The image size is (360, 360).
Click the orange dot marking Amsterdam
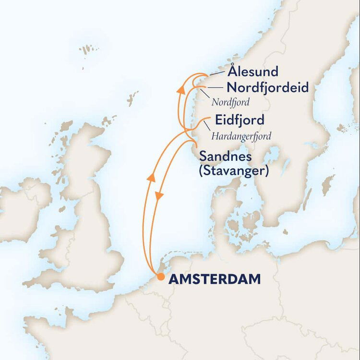pyautogui.click(x=160, y=277)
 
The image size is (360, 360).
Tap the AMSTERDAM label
pyautogui.click(x=214, y=278)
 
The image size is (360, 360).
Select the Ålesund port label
pyautogui.click(x=253, y=72)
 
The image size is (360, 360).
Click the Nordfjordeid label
pyautogui.click(x=267, y=88)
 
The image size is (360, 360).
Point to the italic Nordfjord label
pyautogui.click(x=231, y=102)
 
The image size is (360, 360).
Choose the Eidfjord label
pyautogui.click(x=240, y=120)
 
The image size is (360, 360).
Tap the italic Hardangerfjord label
pyautogui.click(x=241, y=136)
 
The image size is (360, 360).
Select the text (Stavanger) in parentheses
pyautogui.click(x=233, y=171)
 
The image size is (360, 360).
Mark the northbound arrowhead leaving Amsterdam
pyautogui.click(x=152, y=177)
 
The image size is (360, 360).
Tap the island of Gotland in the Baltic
pyautogui.click(x=328, y=184)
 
